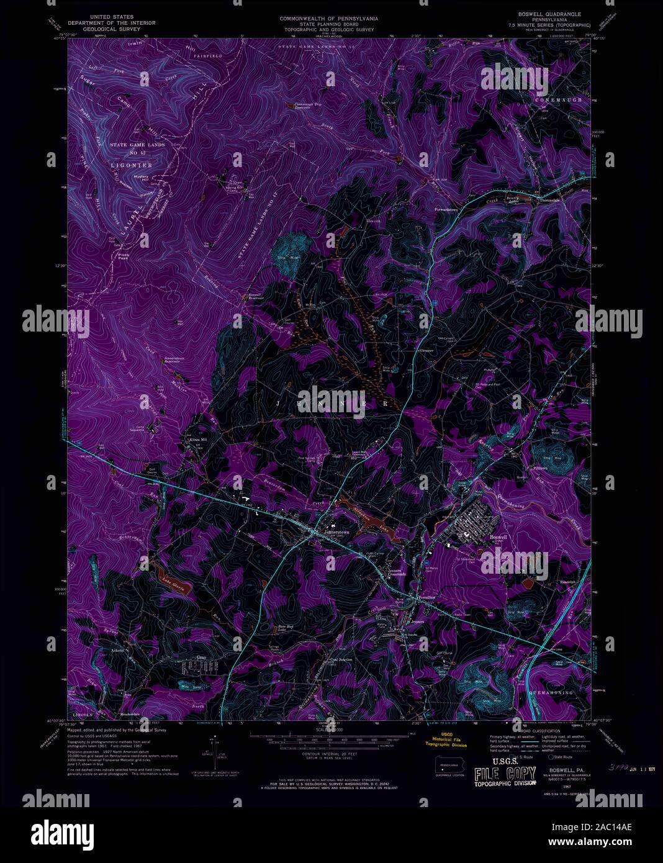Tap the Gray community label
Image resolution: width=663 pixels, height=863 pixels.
point(201,657)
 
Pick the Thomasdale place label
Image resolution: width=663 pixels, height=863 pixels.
point(550,201)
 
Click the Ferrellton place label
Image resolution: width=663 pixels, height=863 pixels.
point(426,597)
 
